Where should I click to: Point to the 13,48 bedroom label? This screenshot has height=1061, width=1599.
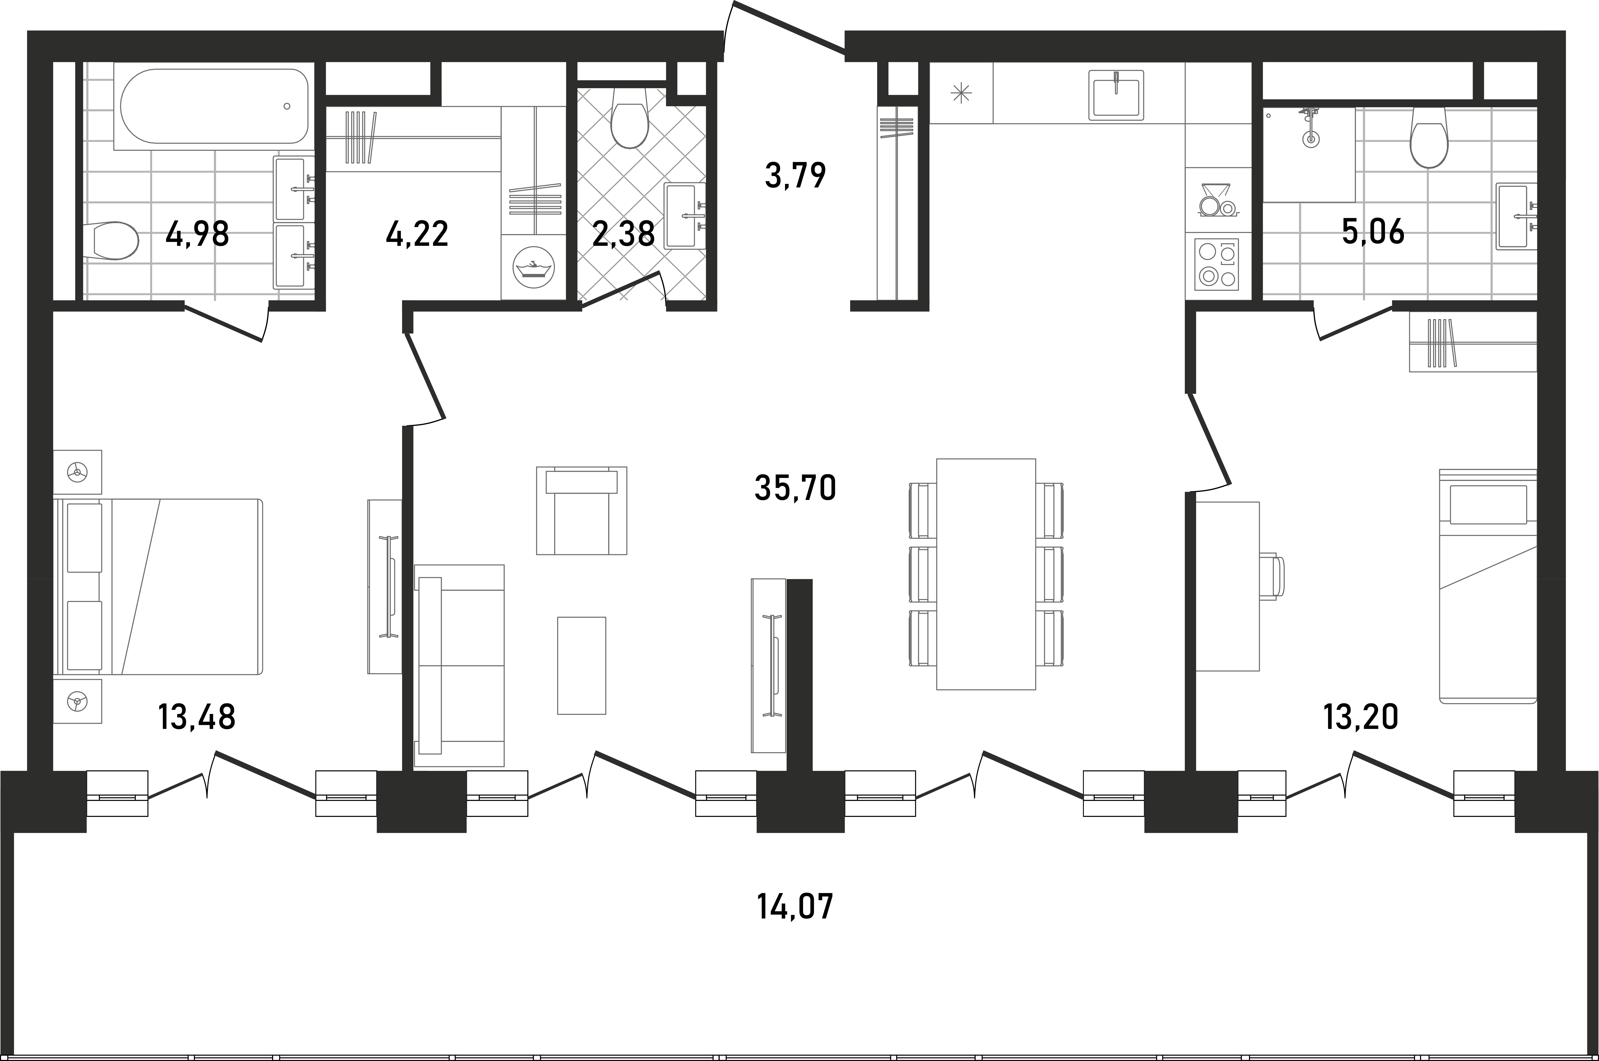click(197, 717)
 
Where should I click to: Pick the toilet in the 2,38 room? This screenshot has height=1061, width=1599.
click(629, 125)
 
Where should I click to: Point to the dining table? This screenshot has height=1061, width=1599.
click(986, 574)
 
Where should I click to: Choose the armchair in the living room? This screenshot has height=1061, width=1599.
click(581, 510)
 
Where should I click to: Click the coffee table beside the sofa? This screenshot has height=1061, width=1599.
click(581, 665)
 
